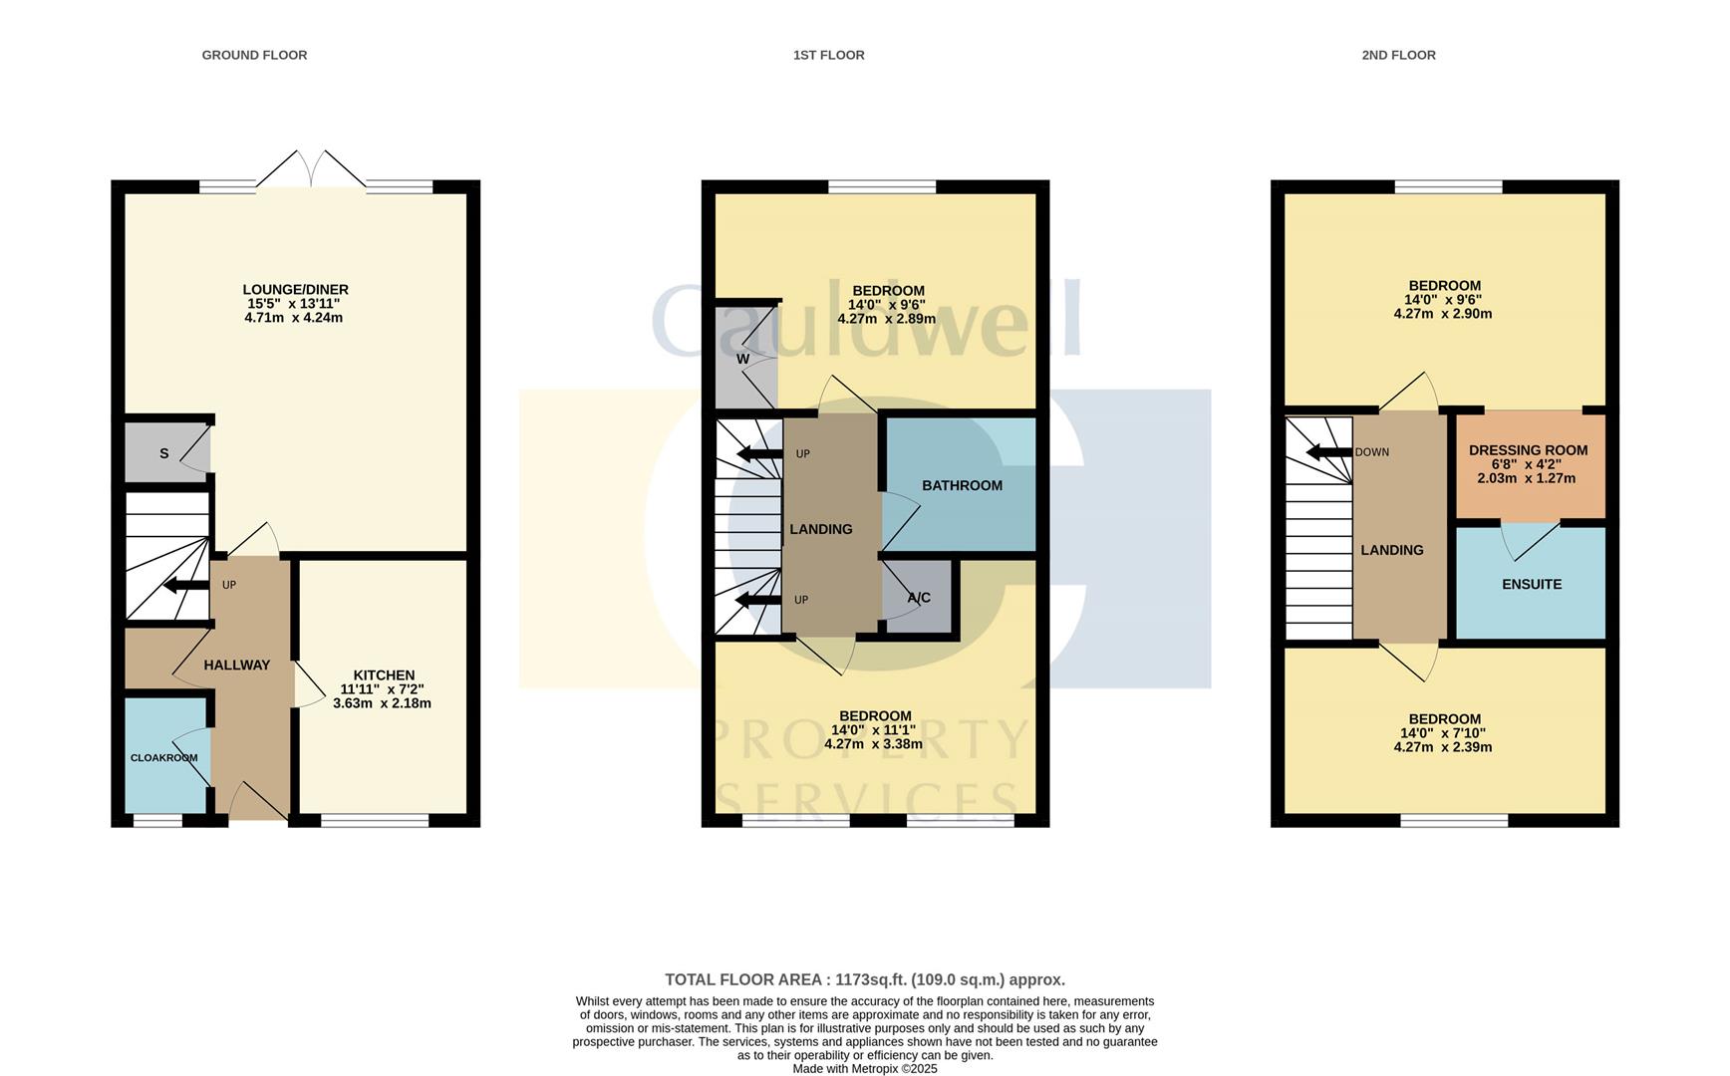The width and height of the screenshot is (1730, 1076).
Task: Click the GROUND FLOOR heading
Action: pyautogui.click(x=254, y=55)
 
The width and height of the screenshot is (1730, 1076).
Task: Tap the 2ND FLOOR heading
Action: pyautogui.click(x=1398, y=55)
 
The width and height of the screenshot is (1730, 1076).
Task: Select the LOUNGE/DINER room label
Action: pyautogui.click(x=295, y=290)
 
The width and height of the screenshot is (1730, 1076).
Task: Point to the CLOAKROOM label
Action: pyautogui.click(x=163, y=757)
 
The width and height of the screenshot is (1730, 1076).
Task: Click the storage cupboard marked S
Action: pyautogui.click(x=164, y=453)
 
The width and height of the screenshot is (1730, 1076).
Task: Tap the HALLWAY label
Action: pyautogui.click(x=236, y=665)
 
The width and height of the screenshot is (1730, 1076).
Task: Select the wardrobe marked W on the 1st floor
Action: pyautogui.click(x=743, y=359)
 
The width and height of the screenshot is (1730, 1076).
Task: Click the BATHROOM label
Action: pyautogui.click(x=962, y=485)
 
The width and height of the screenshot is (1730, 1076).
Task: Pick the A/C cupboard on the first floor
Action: pyautogui.click(x=919, y=598)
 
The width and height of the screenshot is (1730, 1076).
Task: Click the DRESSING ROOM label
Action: pyautogui.click(x=1528, y=450)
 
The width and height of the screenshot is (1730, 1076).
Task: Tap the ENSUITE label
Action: pyautogui.click(x=1532, y=584)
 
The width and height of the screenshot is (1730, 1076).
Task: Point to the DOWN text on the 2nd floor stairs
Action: pyautogui.click(x=1371, y=452)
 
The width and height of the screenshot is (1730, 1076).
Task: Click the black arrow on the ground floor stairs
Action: pyautogui.click(x=184, y=585)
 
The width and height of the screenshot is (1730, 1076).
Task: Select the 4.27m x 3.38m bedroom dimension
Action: pyautogui.click(x=873, y=743)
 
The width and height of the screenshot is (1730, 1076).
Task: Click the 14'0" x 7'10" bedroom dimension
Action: pyautogui.click(x=1443, y=733)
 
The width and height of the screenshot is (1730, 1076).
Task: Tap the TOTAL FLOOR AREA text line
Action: pyautogui.click(x=864, y=979)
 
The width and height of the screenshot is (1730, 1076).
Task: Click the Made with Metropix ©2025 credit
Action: pyautogui.click(x=864, y=1068)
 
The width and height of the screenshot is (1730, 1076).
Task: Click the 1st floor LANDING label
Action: pyautogui.click(x=820, y=529)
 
